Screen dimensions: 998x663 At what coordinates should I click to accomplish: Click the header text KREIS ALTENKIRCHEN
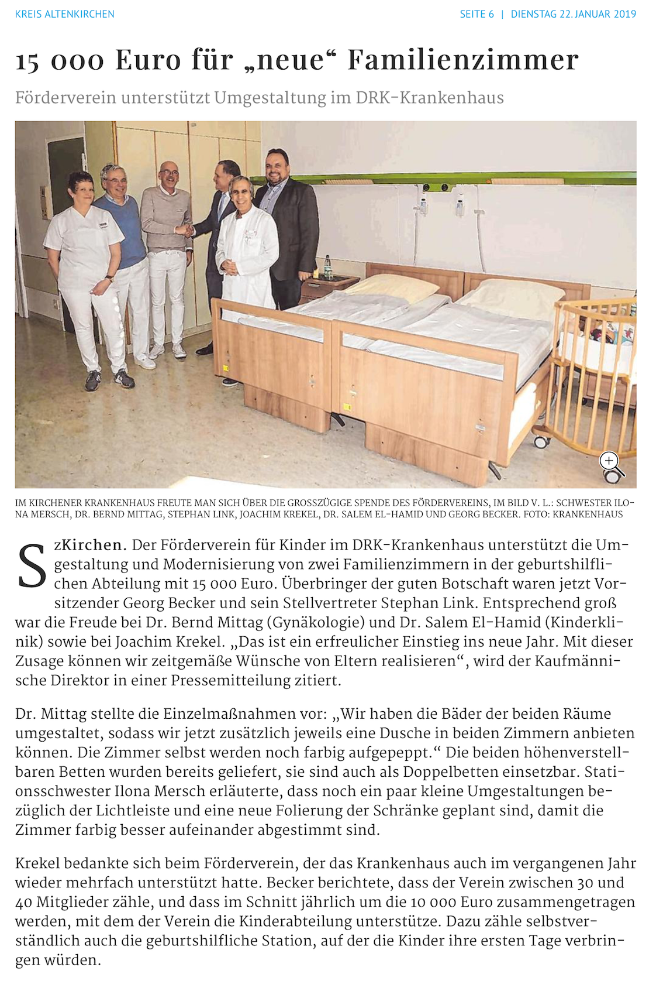tap(65, 14)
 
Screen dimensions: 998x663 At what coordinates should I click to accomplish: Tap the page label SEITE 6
tap(476, 14)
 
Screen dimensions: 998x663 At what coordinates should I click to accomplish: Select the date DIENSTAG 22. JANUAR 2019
tap(573, 14)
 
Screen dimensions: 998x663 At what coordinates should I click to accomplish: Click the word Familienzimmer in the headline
tap(463, 60)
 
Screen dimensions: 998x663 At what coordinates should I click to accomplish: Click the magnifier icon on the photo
tap(610, 462)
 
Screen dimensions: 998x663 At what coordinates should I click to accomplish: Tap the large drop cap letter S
tap(32, 565)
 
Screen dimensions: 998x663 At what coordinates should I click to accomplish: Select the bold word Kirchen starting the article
tap(93, 545)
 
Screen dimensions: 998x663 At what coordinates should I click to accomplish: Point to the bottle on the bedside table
tap(328, 267)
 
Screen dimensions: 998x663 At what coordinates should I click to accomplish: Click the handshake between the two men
tap(185, 230)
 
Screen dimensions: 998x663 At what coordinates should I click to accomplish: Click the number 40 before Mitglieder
tap(23, 902)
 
